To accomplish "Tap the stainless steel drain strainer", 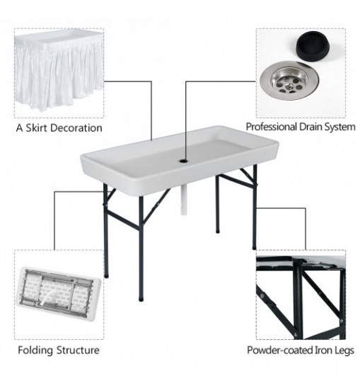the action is [x=289, y=81].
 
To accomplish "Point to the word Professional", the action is [x=271, y=127].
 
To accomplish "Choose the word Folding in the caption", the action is [x=35, y=350].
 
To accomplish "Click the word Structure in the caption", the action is [x=78, y=350].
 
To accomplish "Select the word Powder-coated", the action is [x=279, y=350].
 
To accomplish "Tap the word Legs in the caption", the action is [x=344, y=351].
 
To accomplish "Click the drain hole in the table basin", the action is [x=183, y=161].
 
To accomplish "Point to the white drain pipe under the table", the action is [x=183, y=200].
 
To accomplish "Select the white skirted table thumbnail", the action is [x=59, y=71].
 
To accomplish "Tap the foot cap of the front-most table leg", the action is [x=141, y=298].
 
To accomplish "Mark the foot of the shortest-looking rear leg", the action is [x=217, y=231].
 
